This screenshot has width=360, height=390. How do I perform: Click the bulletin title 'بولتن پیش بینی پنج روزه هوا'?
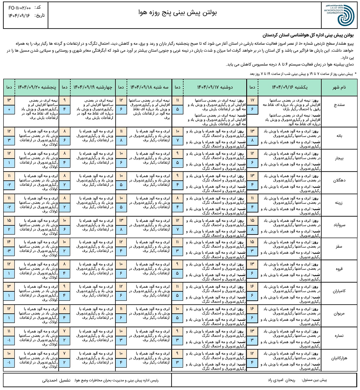(177, 13)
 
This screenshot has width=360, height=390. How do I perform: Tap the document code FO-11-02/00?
(20, 8)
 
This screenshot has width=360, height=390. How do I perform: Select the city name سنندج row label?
(339, 105)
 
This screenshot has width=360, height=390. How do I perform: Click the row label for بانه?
(339, 136)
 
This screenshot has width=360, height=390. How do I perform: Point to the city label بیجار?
(339, 158)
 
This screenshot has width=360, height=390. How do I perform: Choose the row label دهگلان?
(339, 181)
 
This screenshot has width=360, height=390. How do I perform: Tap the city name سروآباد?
(339, 225)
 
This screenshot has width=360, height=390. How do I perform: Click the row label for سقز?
(339, 247)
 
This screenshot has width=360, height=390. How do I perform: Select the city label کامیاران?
(339, 291)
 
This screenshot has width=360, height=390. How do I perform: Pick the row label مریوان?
(339, 314)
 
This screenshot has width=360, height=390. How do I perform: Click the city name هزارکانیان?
(339, 358)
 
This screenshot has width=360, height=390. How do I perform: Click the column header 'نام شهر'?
(339, 87)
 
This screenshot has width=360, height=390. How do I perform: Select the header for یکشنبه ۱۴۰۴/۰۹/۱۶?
(289, 87)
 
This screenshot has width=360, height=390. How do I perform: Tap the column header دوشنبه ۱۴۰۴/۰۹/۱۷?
(215, 87)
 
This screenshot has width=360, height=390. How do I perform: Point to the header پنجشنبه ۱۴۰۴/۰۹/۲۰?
(37, 87)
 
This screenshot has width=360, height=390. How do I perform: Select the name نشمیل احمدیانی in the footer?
(56, 380)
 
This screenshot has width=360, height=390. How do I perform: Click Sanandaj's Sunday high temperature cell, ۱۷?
(252, 100)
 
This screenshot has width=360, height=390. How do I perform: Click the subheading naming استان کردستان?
(308, 36)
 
